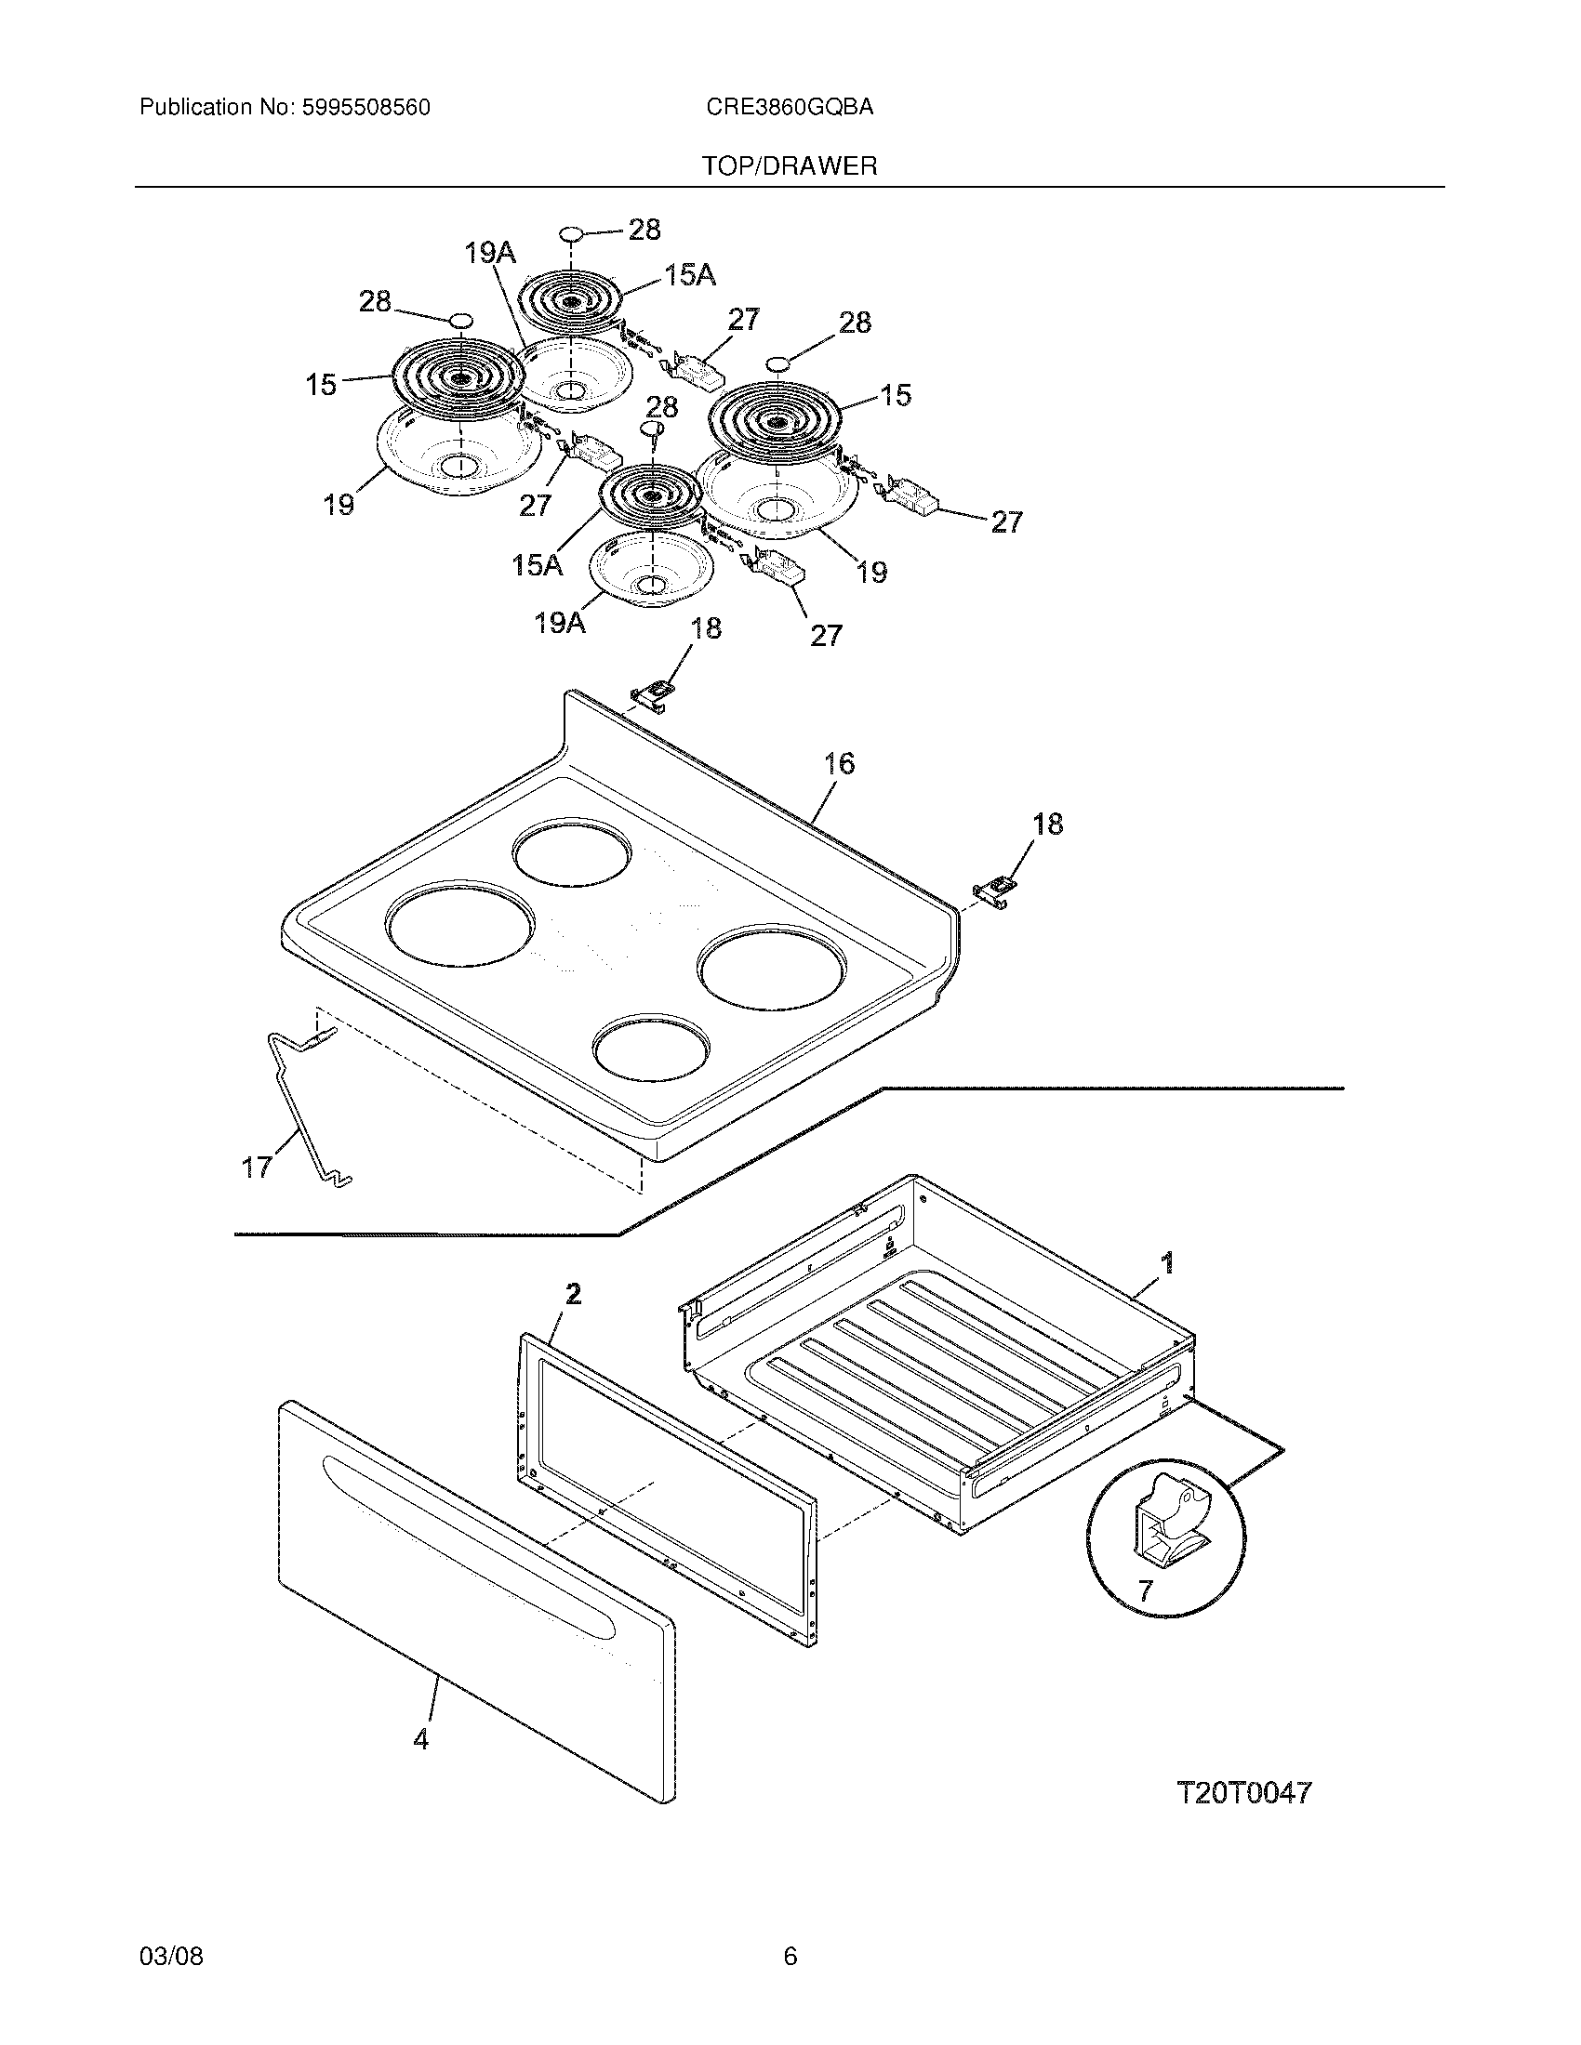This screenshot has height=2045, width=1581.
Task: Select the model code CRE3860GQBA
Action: pyautogui.click(x=790, y=108)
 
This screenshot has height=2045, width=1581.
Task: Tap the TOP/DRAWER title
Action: pyautogui.click(x=790, y=166)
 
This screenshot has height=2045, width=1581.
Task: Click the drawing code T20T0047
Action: pyautogui.click(x=1243, y=1792)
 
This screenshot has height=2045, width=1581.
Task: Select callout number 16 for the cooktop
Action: pyautogui.click(x=839, y=764)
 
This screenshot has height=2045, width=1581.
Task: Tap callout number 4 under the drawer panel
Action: pyautogui.click(x=420, y=1740)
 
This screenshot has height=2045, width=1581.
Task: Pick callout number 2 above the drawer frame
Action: pyautogui.click(x=573, y=1294)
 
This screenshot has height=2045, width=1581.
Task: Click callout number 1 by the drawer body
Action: pyautogui.click(x=1166, y=1263)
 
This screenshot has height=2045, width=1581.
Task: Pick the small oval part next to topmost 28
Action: pyautogui.click(x=570, y=233)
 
